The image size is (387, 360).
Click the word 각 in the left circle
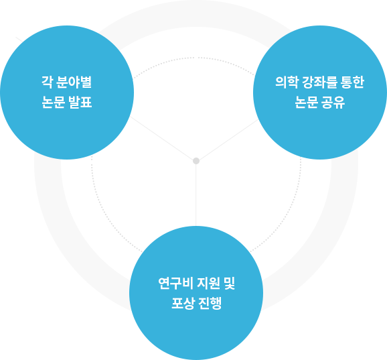[x=47, y=82]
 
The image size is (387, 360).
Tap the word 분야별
[x=74, y=82]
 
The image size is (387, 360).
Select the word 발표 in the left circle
[x=80, y=102]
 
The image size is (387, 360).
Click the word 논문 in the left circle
[x=53, y=102]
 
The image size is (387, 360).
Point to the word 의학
[x=287, y=82]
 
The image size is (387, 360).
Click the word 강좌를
[x=319, y=82]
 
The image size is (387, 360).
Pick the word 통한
[x=352, y=82]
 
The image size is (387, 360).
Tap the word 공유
[x=333, y=102]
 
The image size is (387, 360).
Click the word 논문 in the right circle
[x=306, y=102]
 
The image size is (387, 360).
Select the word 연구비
[x=175, y=283]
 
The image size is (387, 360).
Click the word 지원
[x=208, y=283]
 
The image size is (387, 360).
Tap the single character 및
[x=229, y=283]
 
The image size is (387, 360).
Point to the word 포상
[x=183, y=303]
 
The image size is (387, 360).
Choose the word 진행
[x=210, y=303]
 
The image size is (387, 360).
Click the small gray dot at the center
[x=196, y=161]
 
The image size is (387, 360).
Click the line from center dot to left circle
[x=161, y=138]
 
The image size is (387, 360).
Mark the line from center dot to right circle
[x=228, y=140]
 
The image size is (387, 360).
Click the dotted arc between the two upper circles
[x=193, y=58]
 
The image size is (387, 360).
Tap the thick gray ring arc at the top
[x=195, y=13]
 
